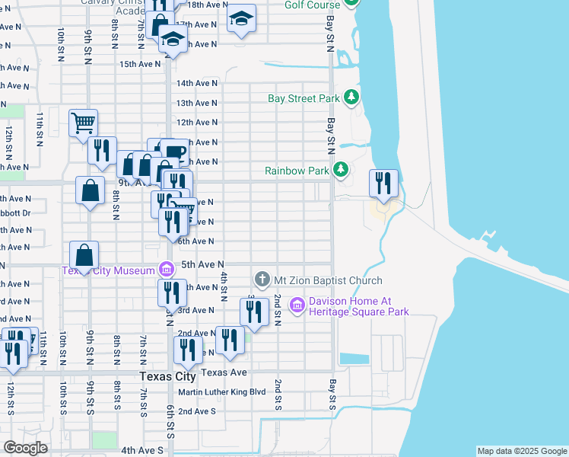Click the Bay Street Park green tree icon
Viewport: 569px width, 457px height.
pyautogui.click(x=351, y=97)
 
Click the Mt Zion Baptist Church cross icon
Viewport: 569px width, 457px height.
pyautogui.click(x=262, y=280)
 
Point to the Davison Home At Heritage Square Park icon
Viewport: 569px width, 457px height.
pyautogui.click(x=297, y=305)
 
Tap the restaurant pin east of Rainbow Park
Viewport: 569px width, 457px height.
pyautogui.click(x=383, y=184)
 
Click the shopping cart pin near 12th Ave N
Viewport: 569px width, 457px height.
pyautogui.click(x=83, y=123)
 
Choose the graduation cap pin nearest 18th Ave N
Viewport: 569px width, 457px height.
pyautogui.click(x=242, y=18)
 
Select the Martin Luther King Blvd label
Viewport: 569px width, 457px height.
pyautogui.click(x=221, y=392)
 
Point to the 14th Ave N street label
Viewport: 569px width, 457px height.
pyautogui.click(x=197, y=83)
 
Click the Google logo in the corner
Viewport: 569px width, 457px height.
pyautogui.click(x=26, y=448)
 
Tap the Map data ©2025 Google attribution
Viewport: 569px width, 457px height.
pyautogui.click(x=521, y=451)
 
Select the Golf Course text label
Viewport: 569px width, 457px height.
pyautogui.click(x=311, y=5)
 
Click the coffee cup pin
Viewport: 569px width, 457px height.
pyautogui.click(x=173, y=151)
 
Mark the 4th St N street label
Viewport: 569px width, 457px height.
pyautogui.click(x=224, y=286)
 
